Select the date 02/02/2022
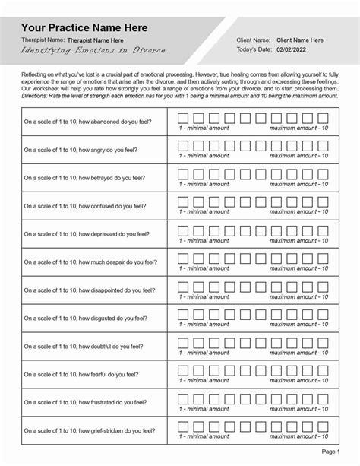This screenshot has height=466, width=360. pyautogui.click(x=294, y=49)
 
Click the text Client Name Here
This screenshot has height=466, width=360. pyautogui.click(x=300, y=40)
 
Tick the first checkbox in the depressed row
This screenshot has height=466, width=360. pyautogui.click(x=183, y=228)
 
